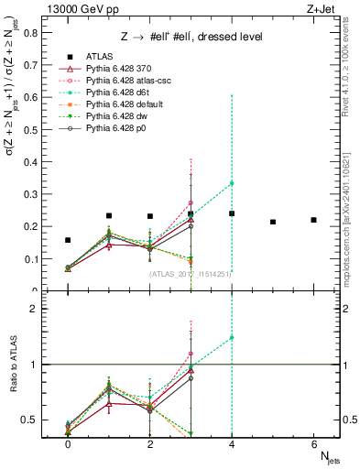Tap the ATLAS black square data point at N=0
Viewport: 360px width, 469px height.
coord(68,240)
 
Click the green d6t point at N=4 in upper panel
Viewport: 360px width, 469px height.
coord(232,183)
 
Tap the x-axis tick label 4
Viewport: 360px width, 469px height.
coord(232,443)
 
